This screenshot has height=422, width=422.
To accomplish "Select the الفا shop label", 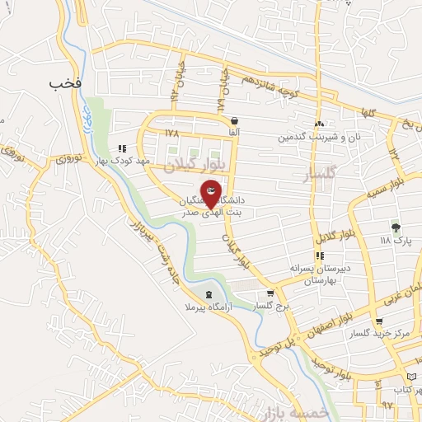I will (x=235, y=132).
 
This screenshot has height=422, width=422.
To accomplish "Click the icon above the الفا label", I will (x=235, y=120).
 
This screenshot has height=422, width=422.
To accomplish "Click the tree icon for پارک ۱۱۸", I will (x=396, y=227).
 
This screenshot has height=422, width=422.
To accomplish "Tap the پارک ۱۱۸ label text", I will (x=395, y=241).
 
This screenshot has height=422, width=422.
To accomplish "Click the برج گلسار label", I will (x=271, y=306).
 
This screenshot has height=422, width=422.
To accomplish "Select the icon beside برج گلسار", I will (x=270, y=293).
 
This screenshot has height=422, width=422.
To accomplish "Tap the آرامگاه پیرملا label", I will (x=208, y=307).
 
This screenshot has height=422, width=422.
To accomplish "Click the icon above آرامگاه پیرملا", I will (x=209, y=294).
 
